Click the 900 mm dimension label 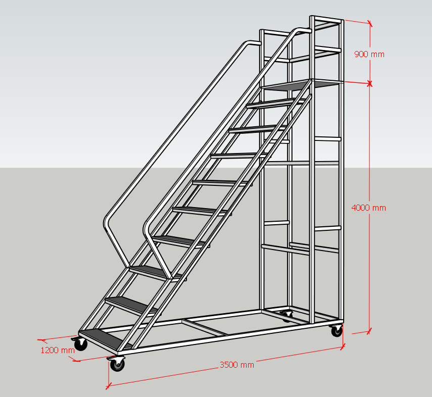[369, 54]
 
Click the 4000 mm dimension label [369, 208]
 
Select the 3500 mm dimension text [237, 365]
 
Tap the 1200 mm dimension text [58, 350]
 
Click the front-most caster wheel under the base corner [117, 364]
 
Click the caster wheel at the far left [80, 344]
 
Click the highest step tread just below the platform [275, 103]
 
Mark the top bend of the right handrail [299, 30]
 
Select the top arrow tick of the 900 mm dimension [370, 24]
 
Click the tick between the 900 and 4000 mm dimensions [370, 83]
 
